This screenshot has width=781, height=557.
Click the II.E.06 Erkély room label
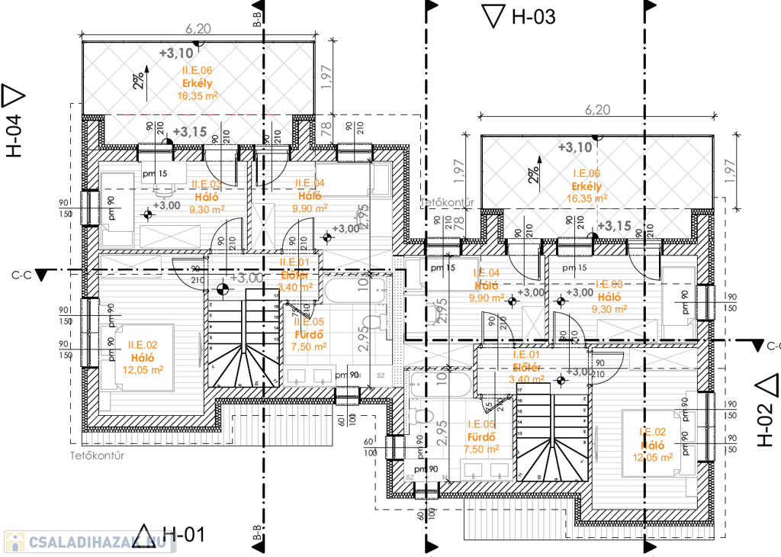(197, 83)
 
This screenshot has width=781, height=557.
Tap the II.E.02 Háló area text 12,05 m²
(143, 369)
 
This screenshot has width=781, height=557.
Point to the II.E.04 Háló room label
(310, 195)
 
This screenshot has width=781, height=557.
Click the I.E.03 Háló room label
(609, 297)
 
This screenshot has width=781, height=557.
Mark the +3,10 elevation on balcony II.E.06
(176, 53)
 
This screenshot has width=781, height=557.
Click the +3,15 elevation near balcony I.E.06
(614, 226)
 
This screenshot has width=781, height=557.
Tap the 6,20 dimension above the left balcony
(198, 29)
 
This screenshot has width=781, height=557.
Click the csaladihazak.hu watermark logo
(84, 543)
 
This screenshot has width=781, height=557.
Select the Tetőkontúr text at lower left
(97, 456)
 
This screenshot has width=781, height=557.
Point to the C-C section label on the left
(21, 272)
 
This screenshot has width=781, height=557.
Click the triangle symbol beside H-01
(144, 534)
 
